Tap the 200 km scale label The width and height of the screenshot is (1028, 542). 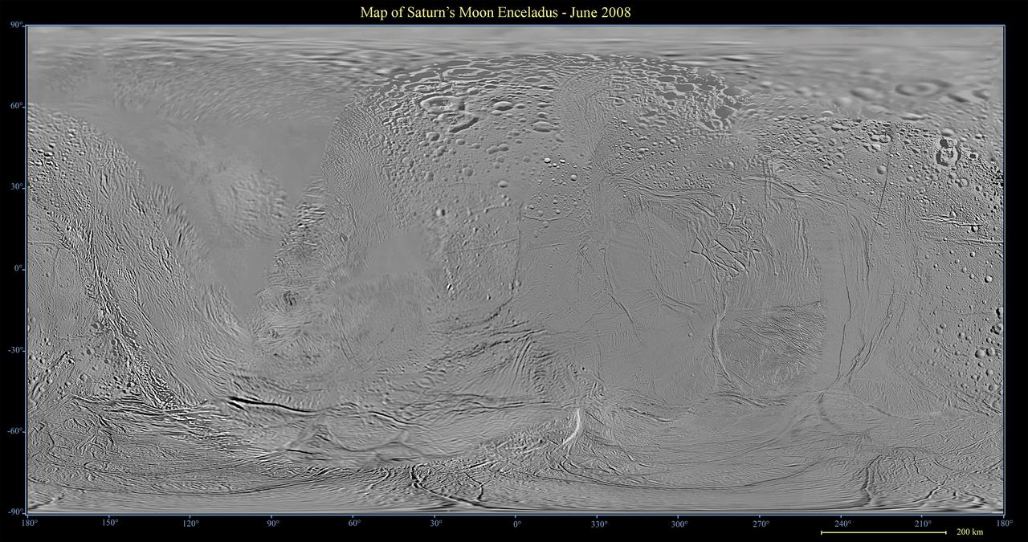[x=970, y=532]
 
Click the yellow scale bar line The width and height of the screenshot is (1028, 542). [x=883, y=532]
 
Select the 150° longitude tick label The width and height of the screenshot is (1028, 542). [x=110, y=524]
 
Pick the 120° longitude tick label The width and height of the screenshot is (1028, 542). [x=191, y=524]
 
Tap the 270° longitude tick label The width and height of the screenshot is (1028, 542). [x=761, y=524]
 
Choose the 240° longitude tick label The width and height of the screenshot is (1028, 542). [x=842, y=524]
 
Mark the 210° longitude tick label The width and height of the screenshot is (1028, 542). [x=923, y=524]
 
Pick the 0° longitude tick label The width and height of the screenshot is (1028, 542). [x=516, y=524]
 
